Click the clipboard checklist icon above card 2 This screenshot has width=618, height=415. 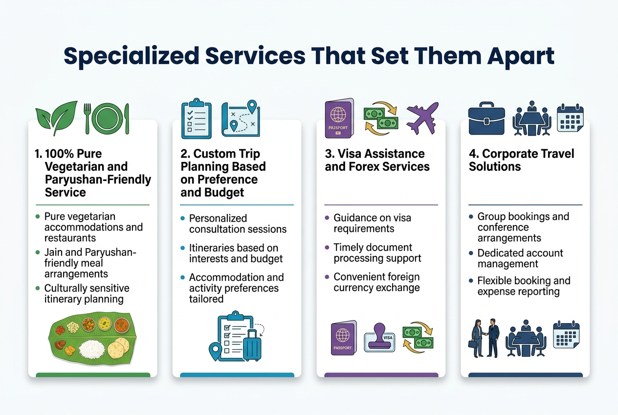[x=196, y=118]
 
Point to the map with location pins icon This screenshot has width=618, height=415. [x=241, y=118]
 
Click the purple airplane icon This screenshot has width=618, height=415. [x=421, y=117]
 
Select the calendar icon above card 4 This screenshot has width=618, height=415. [x=570, y=118]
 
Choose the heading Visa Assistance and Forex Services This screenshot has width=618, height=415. [x=377, y=160]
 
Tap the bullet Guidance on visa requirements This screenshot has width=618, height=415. [x=372, y=223]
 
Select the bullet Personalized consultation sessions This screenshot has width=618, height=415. [x=238, y=224]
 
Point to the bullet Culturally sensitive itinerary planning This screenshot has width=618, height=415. [x=87, y=294]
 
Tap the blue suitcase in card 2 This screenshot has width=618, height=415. [x=252, y=345]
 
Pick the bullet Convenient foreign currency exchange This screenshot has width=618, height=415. [x=376, y=282]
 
